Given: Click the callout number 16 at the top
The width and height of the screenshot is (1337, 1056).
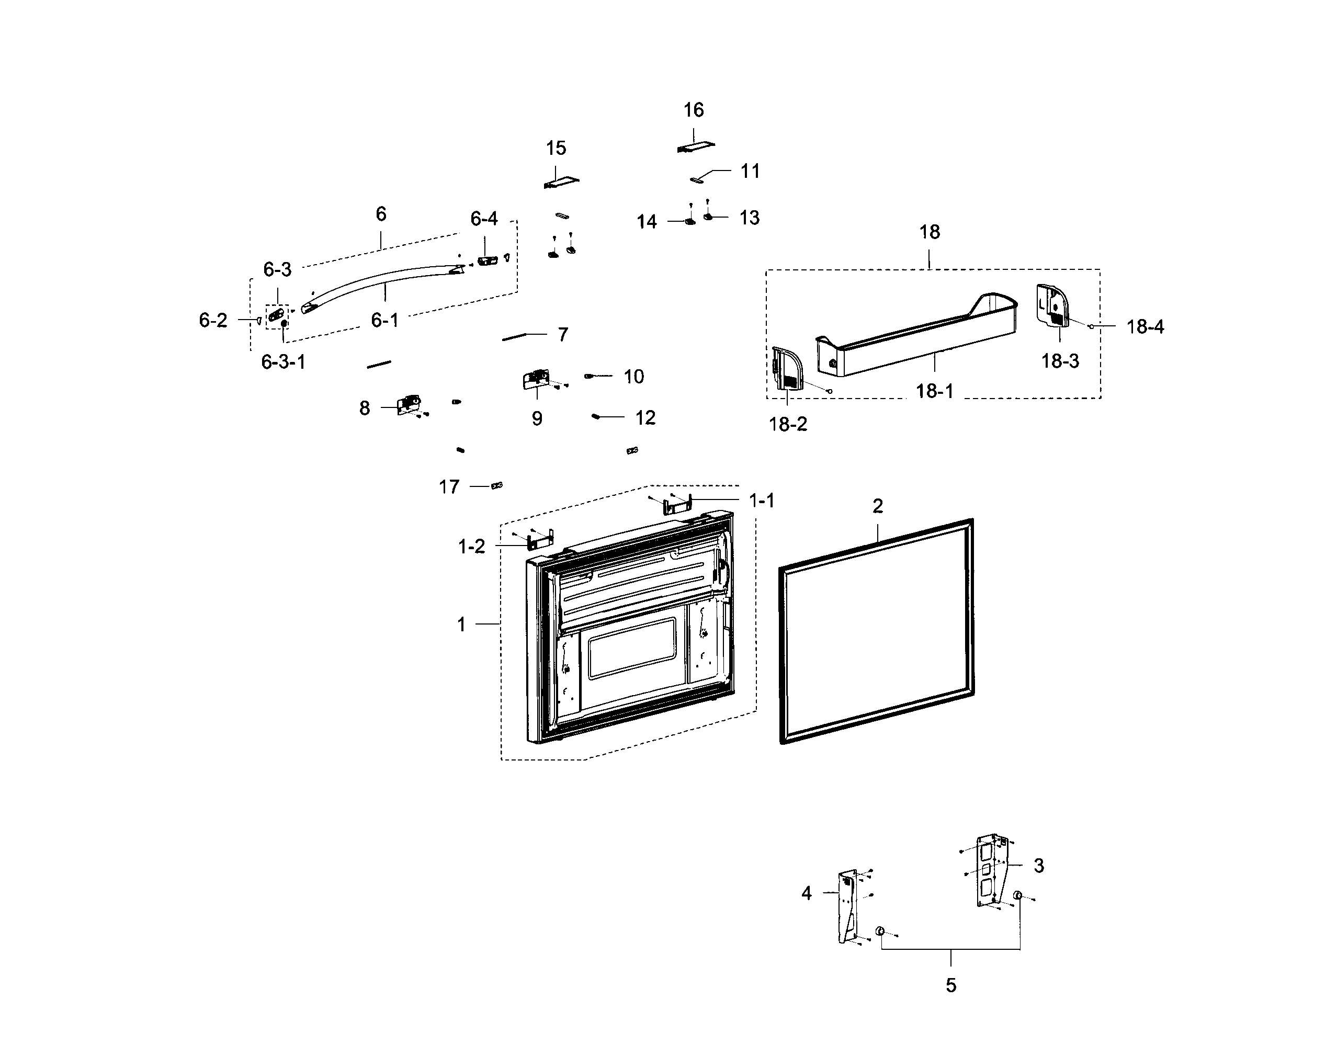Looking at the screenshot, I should pyautogui.click(x=693, y=110).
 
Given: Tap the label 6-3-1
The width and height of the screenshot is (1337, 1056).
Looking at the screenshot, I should pyautogui.click(x=283, y=362).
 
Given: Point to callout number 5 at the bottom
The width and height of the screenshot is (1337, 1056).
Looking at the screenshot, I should pyautogui.click(x=950, y=985).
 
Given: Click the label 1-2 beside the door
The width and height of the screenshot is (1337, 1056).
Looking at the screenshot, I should pyautogui.click(x=471, y=547).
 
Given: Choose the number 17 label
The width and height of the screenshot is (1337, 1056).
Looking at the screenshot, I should pyautogui.click(x=449, y=486).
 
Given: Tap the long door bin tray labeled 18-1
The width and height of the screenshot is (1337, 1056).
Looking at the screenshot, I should pyautogui.click(x=915, y=337).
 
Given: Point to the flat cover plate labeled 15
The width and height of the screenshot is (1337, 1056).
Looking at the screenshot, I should pyautogui.click(x=561, y=182).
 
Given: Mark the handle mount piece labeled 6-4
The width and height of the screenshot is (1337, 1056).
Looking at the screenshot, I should pyautogui.click(x=486, y=261).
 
